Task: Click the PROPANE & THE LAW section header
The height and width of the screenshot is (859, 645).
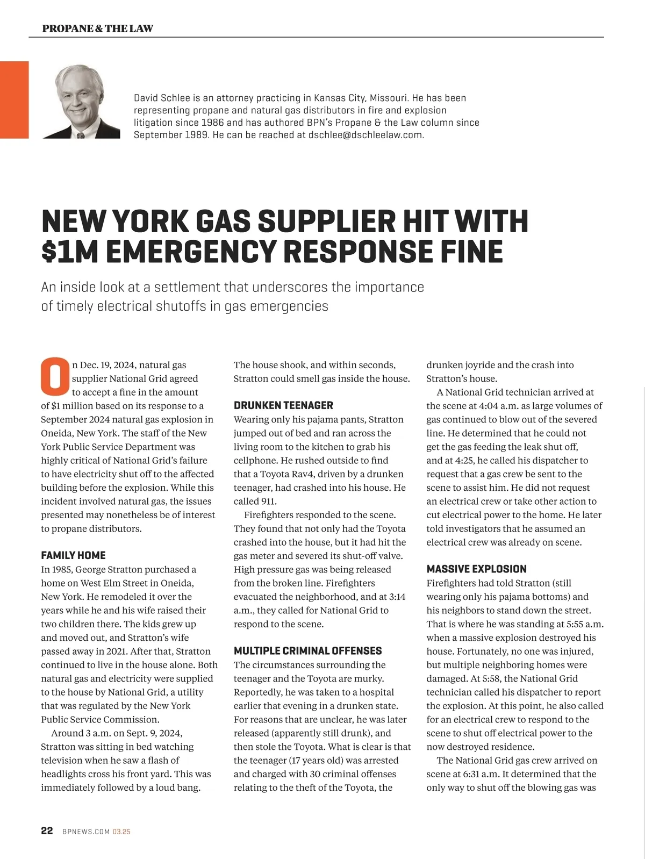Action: click(x=97, y=28)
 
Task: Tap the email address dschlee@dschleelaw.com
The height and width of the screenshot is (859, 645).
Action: click(x=365, y=135)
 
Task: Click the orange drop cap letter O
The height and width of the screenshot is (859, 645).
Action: click(x=54, y=375)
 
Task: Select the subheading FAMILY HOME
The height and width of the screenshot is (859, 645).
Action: click(x=73, y=555)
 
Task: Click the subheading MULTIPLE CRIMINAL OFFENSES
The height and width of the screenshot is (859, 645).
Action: click(x=307, y=651)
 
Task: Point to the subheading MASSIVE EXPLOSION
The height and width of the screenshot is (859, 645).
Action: click(x=476, y=569)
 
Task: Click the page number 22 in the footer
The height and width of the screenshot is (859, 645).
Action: click(x=47, y=831)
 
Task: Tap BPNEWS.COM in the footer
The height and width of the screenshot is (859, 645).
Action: click(x=86, y=832)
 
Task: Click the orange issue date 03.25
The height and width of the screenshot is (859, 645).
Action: click(x=121, y=832)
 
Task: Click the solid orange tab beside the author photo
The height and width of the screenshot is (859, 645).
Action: click(x=14, y=99)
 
